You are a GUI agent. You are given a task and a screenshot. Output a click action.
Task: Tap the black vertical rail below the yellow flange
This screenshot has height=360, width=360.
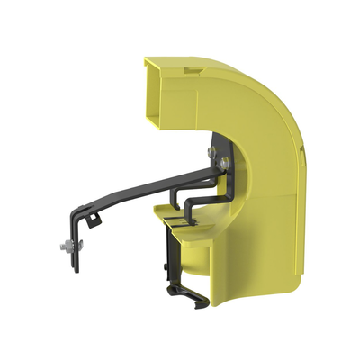(x=169, y=261)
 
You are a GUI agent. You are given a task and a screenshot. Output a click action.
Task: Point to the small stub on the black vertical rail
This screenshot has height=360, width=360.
(x=165, y=267)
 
